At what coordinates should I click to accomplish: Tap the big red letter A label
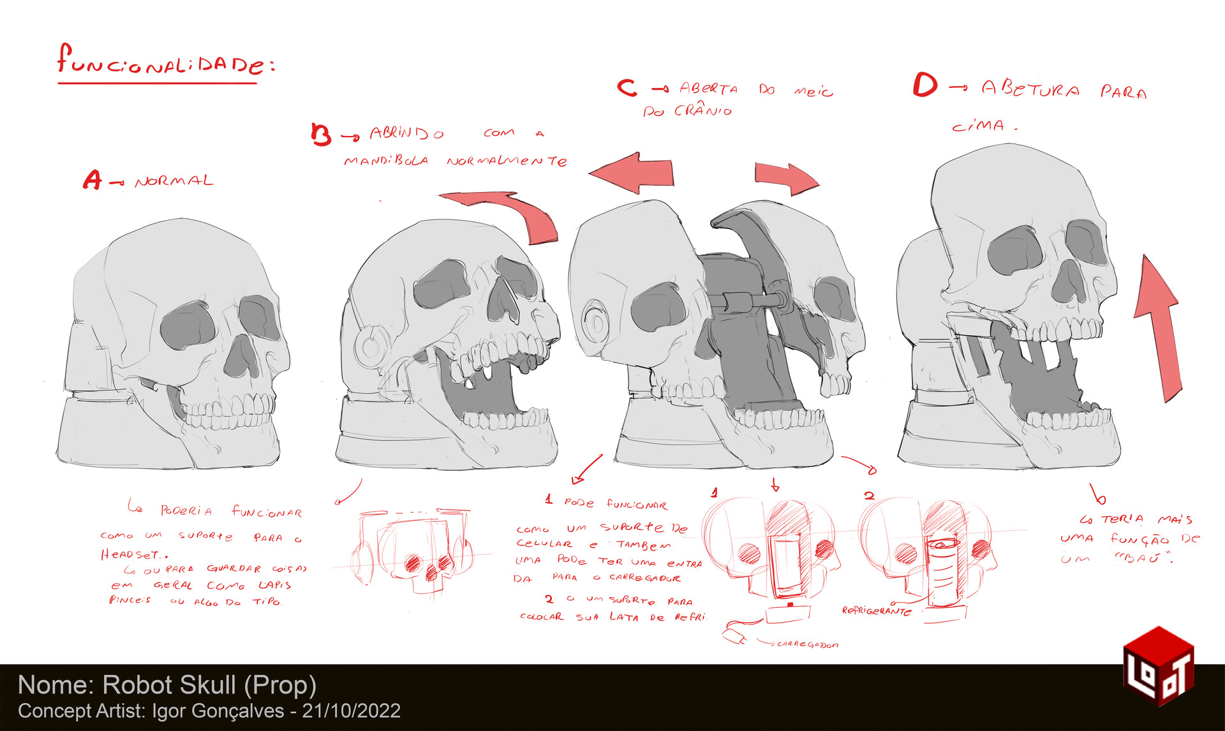pyautogui.click(x=92, y=181)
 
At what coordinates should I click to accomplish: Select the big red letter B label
pyautogui.click(x=321, y=135)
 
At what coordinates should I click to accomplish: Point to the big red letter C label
pyautogui.click(x=627, y=87)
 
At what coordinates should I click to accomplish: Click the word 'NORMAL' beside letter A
pyautogui.click(x=174, y=182)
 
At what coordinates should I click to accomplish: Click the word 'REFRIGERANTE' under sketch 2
pyautogui.click(x=877, y=610)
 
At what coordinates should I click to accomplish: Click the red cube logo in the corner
pyautogui.click(x=1157, y=665)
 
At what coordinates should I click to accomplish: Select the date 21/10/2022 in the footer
pyautogui.click(x=352, y=711)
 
